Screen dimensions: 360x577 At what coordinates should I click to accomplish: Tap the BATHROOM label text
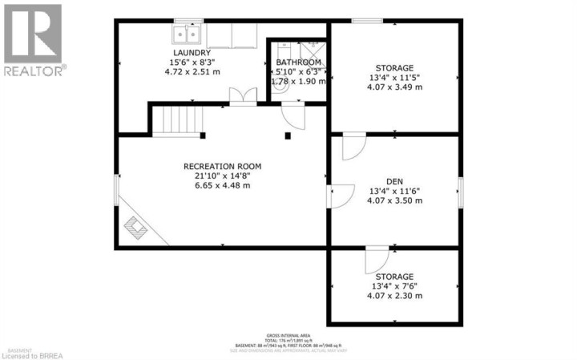(x=298, y=63)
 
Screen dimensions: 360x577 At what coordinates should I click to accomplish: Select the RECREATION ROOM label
(x=222, y=167)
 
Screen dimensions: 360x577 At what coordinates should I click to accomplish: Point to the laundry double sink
(x=187, y=33)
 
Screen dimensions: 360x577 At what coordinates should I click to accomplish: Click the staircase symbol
(x=176, y=121)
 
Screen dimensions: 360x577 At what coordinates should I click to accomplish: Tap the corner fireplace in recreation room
(x=138, y=229)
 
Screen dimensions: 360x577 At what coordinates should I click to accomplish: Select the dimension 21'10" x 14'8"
(x=222, y=176)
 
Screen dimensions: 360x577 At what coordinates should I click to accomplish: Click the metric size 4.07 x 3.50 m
(x=395, y=200)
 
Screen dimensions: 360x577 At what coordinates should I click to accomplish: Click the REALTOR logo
(x=33, y=40)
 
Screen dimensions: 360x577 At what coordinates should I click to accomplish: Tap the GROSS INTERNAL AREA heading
(x=288, y=335)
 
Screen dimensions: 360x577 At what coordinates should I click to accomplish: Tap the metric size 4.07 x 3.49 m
(x=395, y=87)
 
